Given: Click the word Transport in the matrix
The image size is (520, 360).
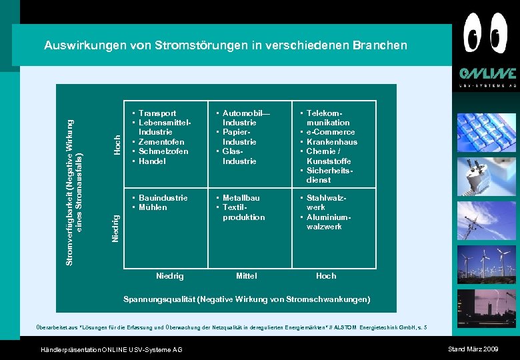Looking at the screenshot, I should (157, 113).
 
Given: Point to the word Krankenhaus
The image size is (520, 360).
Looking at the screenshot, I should (331, 142).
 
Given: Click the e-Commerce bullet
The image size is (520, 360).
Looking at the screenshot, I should (331, 132).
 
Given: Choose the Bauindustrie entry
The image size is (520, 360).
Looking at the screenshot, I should (163, 198).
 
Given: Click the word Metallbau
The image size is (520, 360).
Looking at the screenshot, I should (241, 198).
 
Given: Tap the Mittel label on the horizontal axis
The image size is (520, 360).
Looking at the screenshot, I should (246, 276).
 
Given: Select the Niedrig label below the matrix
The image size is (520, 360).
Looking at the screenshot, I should (169, 276).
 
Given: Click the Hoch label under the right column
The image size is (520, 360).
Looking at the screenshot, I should (326, 276).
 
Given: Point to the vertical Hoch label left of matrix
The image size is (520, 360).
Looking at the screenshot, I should (117, 145).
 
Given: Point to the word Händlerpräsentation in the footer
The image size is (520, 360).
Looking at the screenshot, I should (68, 350).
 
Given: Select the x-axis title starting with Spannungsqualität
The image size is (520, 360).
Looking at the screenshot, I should (247, 299).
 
